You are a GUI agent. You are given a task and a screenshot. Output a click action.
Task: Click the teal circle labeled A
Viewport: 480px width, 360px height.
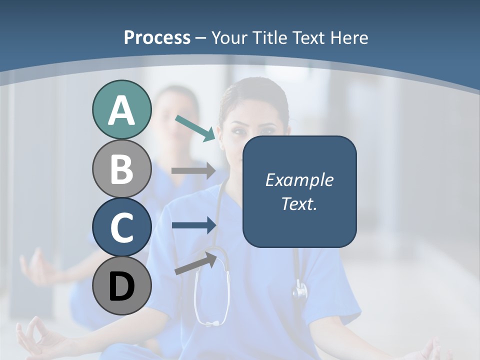pos(121,110)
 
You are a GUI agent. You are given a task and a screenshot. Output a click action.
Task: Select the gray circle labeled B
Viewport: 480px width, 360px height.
pos(121,168)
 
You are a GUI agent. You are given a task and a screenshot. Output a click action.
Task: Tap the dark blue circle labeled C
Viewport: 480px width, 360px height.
pos(121,227)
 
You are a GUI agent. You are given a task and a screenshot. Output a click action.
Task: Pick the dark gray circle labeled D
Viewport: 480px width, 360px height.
pos(121,285)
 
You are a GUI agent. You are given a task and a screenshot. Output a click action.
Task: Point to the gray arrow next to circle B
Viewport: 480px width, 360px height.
pos(193,170)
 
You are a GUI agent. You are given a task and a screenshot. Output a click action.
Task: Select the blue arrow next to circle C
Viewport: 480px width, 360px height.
pos(193,225)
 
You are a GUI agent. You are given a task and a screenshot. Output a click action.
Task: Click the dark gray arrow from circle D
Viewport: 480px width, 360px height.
pos(195,263)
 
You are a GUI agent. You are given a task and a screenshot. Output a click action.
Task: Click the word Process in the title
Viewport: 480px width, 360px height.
pos(157,37)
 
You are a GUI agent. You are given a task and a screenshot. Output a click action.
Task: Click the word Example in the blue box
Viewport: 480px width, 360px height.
pos(299,180)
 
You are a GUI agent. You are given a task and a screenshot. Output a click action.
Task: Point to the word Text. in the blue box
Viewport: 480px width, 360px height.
pos(299,204)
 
